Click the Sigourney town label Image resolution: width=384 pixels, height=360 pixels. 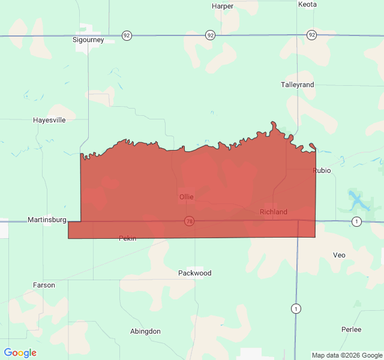coord(88,40)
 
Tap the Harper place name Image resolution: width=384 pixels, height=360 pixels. coord(223,6)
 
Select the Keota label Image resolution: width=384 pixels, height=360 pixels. coord(307,4)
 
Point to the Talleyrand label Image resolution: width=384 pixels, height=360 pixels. coord(298,85)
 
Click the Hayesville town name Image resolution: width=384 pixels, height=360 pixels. coord(49,120)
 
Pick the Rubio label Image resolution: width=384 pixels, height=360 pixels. coord(322,170)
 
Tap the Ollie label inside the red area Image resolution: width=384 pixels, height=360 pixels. coord(186,197)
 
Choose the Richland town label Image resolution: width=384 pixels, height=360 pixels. coord(274,212)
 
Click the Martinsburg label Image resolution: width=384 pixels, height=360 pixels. coord(47,220)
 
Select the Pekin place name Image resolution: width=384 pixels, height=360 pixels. coord(128,238)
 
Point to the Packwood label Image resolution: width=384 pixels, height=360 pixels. coord(195,273)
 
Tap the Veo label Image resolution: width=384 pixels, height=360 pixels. coord(340,255)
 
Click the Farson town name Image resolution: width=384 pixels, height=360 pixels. coord(44,285)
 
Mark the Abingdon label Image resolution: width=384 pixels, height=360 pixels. coord(146,331)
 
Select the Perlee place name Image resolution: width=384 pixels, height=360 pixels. coord(351,329)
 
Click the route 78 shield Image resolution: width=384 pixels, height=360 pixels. coord(190,221)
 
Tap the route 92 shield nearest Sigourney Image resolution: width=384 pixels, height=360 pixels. coord(127,35)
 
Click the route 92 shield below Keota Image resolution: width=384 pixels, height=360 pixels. coord(311,35)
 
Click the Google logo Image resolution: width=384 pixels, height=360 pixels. coord(20,353)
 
